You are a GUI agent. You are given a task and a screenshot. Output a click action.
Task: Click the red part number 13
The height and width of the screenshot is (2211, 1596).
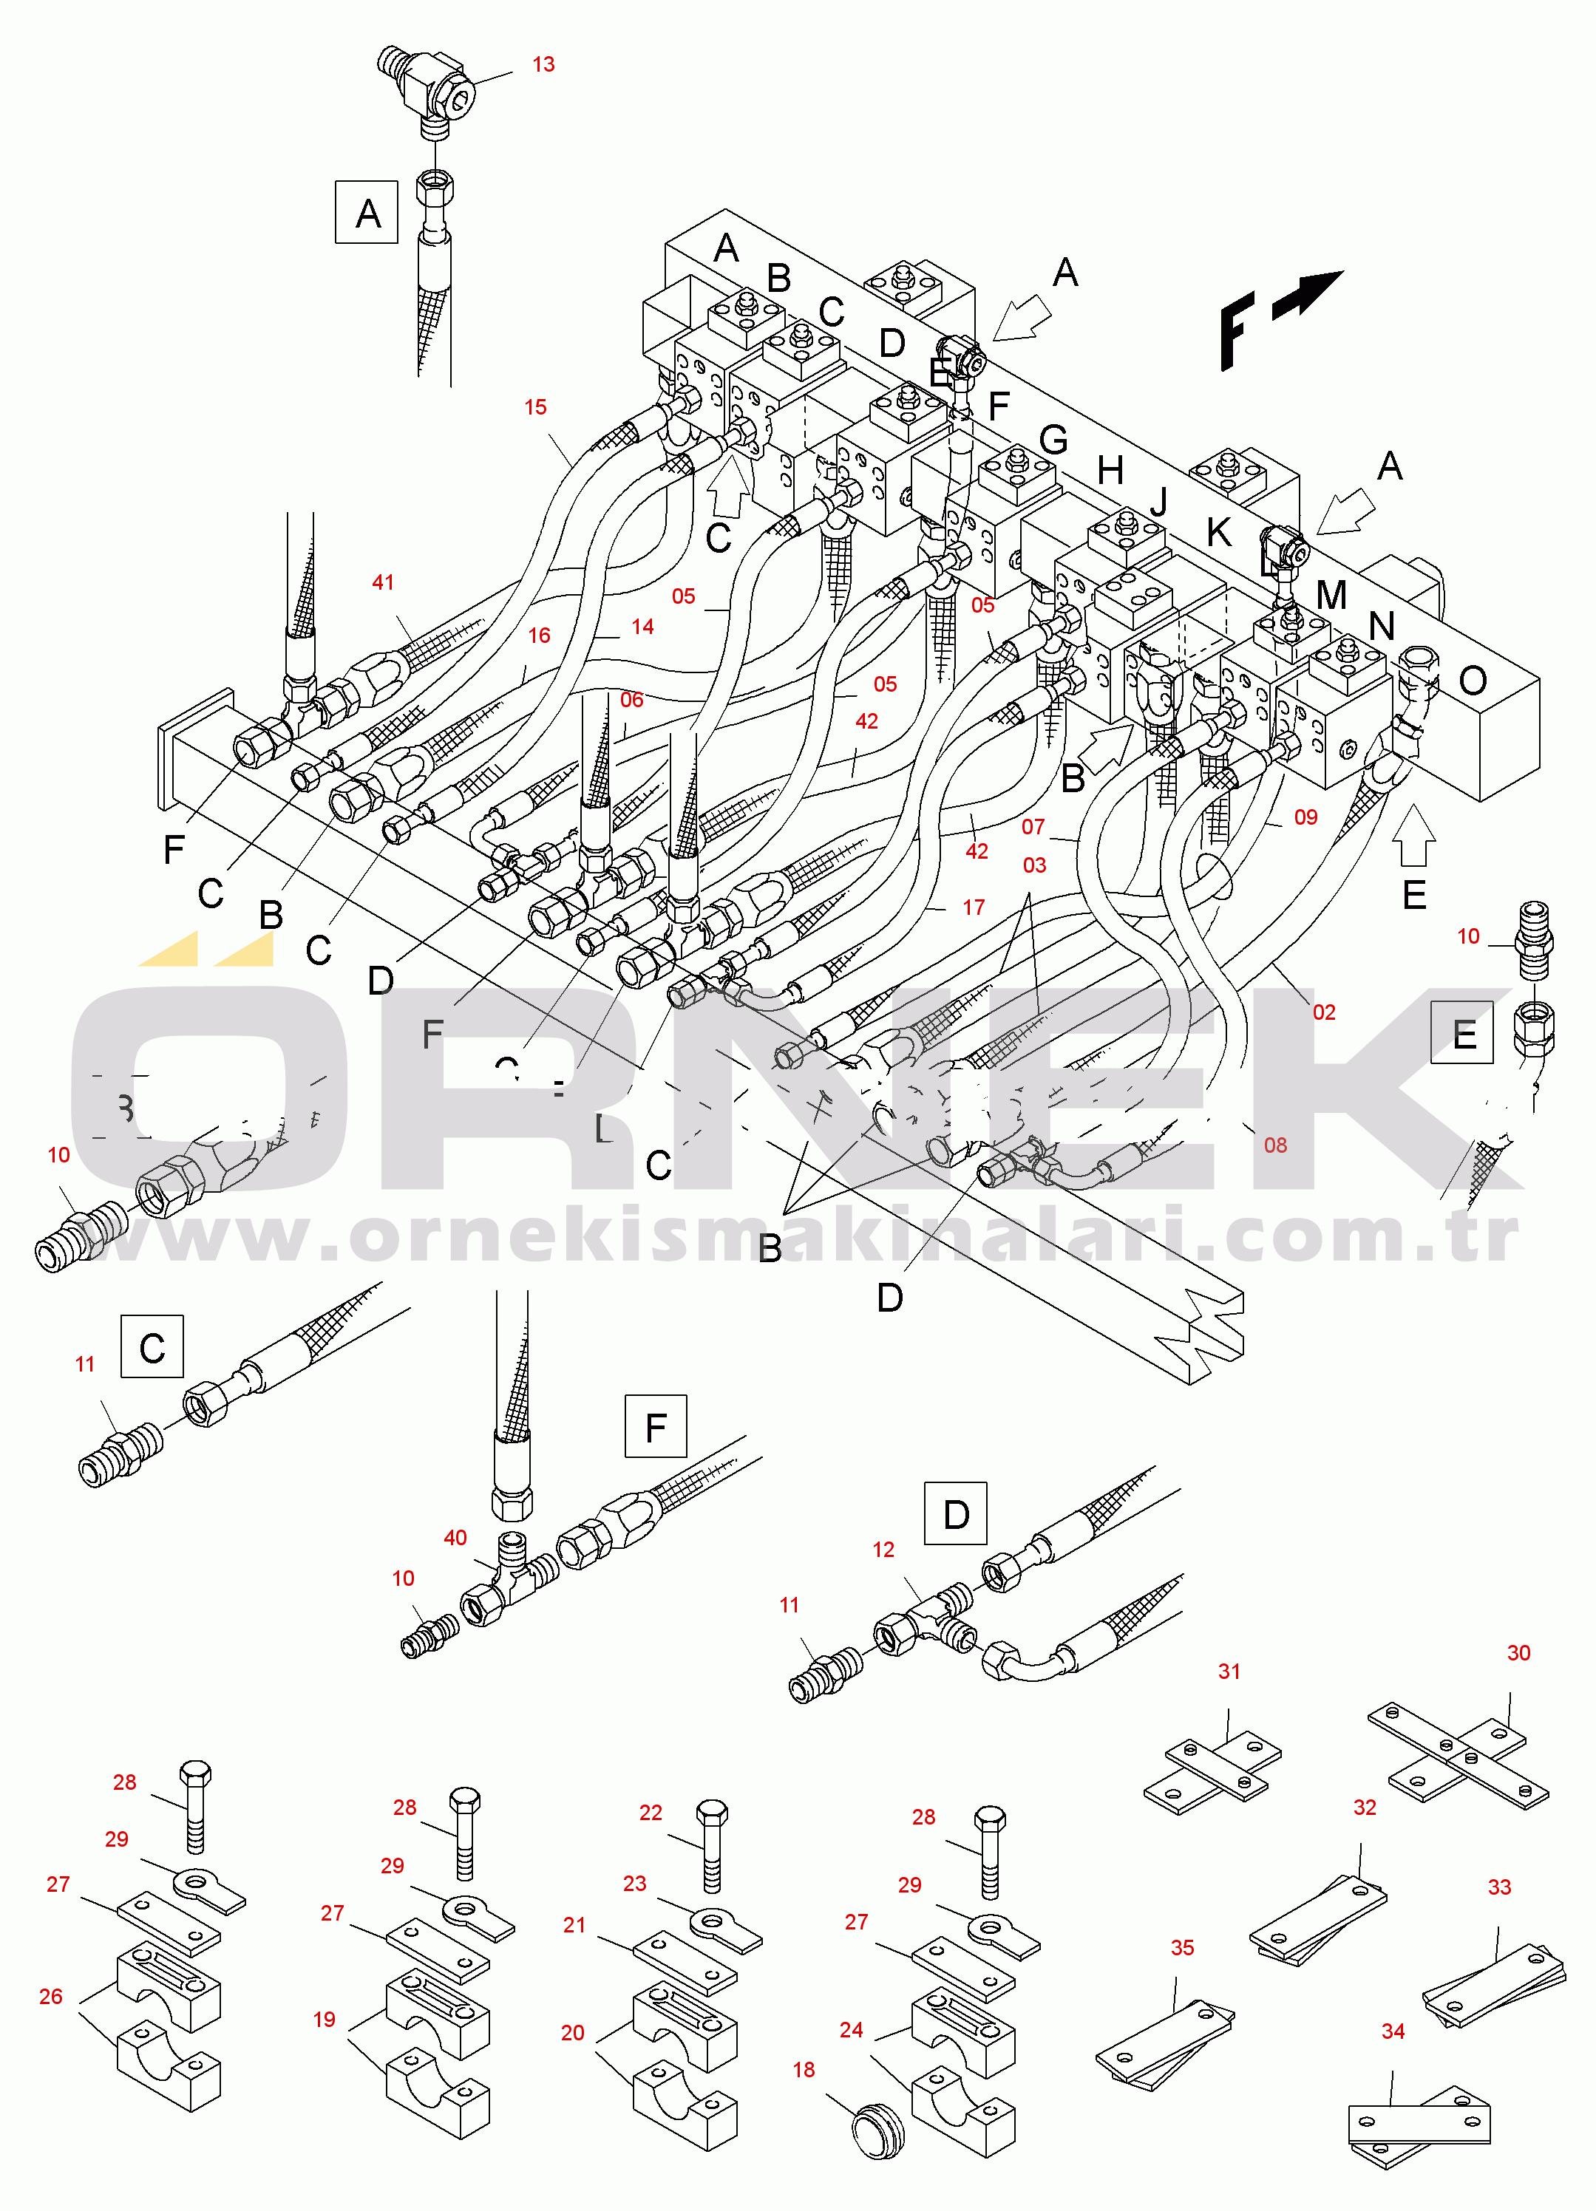tap(543, 64)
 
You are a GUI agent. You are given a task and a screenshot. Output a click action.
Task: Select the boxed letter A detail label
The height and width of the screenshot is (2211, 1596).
tap(367, 213)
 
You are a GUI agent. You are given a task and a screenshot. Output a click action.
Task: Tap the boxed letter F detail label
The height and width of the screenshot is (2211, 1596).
tap(655, 1427)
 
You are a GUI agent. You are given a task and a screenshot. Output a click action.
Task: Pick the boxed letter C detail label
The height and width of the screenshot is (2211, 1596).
tap(152, 1347)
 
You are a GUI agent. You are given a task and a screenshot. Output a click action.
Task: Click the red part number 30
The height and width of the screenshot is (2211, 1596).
tap(1518, 1653)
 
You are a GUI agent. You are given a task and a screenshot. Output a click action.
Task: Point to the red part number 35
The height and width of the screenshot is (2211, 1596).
tap(1181, 1948)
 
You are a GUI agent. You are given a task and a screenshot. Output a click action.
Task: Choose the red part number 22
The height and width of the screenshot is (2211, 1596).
tap(651, 1812)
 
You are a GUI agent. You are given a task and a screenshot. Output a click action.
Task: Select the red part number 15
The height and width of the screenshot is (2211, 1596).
tap(535, 407)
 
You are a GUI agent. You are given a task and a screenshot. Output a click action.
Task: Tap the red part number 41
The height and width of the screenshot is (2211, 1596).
tap(383, 582)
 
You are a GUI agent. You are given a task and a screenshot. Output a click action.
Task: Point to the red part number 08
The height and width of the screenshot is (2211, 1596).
tap(1275, 1145)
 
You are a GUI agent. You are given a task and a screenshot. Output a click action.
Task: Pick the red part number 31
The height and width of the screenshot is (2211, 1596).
tap(1229, 1672)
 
